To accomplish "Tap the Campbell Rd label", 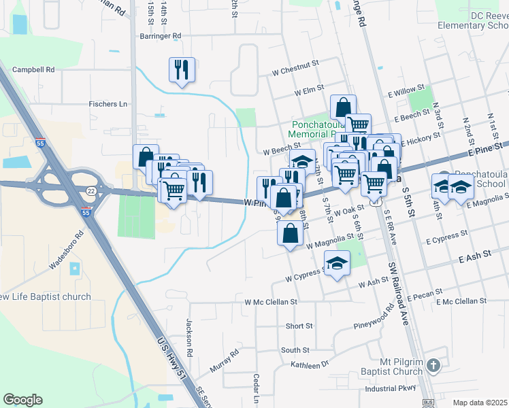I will pos(33,69).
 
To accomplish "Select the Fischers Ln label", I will pos(108,104).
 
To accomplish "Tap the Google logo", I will pos(22,400).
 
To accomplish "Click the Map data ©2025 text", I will pos(480,403).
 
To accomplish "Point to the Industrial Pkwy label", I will pos(390,389).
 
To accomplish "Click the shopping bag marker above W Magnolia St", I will pos(290,233).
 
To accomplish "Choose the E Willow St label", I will pos(406,88).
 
